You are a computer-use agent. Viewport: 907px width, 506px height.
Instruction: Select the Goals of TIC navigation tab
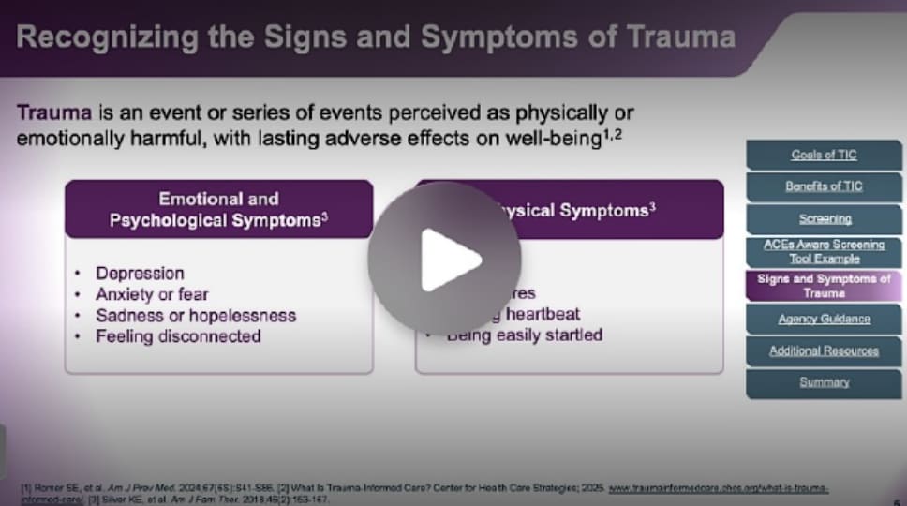[824, 155]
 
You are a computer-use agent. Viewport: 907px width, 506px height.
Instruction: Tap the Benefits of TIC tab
[824, 186]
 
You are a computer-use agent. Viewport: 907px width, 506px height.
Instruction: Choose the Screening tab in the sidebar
[825, 218]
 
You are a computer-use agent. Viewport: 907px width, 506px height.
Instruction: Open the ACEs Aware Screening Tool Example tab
[824, 251]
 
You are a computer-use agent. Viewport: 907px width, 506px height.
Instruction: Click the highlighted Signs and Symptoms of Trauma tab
[824, 286]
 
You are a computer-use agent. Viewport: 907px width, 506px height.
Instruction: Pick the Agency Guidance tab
[824, 319]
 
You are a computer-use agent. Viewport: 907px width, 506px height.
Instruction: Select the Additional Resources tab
[824, 350]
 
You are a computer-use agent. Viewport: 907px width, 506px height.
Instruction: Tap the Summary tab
[824, 382]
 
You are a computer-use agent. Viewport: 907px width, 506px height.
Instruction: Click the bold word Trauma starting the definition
[54, 113]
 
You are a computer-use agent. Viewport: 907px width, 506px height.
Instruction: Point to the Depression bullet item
[140, 273]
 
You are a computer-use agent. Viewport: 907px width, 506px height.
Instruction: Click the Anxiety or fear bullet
[152, 293]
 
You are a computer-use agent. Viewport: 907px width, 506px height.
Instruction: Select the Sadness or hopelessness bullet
[196, 315]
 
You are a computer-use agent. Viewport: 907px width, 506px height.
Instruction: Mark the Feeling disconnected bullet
[178, 335]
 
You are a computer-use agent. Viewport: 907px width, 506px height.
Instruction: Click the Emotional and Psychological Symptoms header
[218, 210]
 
